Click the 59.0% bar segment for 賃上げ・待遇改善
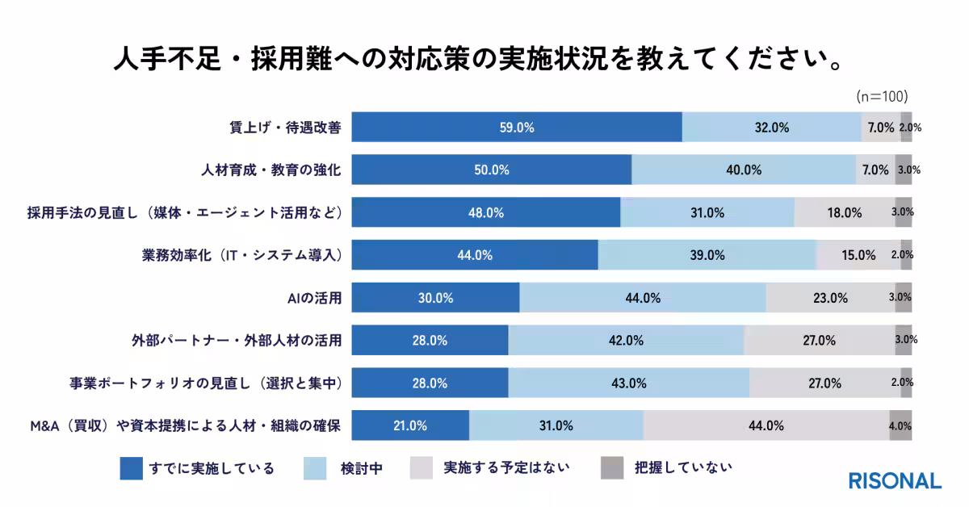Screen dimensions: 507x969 pyautogui.click(x=517, y=128)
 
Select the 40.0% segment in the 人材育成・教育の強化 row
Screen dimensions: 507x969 pyautogui.click(x=744, y=170)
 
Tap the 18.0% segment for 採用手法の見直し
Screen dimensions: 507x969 pyautogui.click(x=845, y=213)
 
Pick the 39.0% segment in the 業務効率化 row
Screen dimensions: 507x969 pyautogui.click(x=707, y=255)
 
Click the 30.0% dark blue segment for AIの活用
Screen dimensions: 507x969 pyautogui.click(x=436, y=298)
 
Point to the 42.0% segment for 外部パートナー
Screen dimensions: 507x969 pyautogui.click(x=626, y=341)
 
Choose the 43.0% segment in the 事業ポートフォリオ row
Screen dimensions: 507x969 pyautogui.click(x=629, y=383)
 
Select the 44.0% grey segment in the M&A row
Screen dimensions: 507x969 pyautogui.click(x=766, y=425)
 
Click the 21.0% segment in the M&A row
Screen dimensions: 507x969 pyautogui.click(x=411, y=425)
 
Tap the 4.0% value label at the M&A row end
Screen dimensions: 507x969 pyautogui.click(x=900, y=425)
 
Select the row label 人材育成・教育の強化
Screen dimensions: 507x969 pyautogui.click(x=271, y=170)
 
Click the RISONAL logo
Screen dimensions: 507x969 pyautogui.click(x=895, y=481)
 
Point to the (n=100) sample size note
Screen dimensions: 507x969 pyautogui.click(x=883, y=96)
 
